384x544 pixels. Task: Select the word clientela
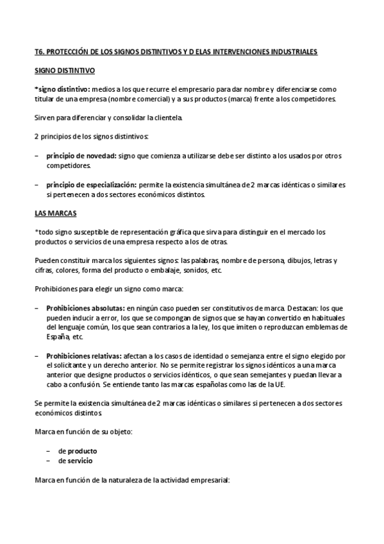point(166,117)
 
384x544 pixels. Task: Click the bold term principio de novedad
point(81,157)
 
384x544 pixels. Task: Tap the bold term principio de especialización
point(90,185)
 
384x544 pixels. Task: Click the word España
point(58,336)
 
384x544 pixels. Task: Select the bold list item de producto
point(78,451)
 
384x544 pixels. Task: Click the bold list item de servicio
point(76,461)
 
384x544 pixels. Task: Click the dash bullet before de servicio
point(49,461)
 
